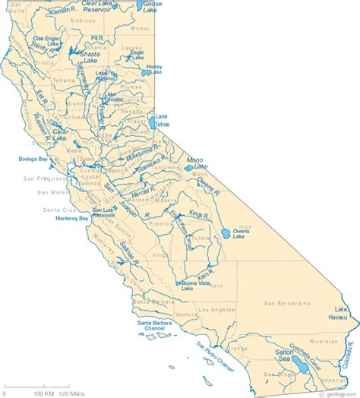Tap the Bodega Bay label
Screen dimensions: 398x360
[x=33, y=159]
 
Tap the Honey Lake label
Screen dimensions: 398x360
[x=155, y=69]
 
